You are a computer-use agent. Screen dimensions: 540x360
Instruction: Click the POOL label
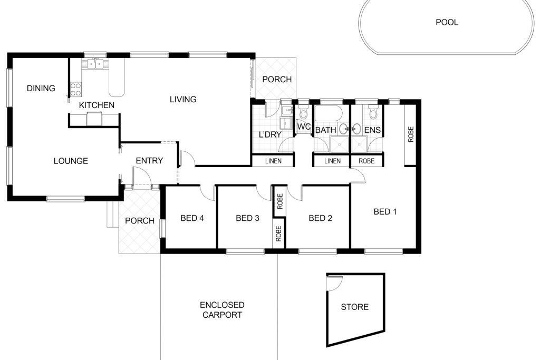coord(447,22)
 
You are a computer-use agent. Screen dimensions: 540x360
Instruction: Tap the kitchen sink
coord(95,64)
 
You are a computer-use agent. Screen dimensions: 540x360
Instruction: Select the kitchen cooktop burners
coord(76,89)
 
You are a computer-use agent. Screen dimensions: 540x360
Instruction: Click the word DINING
coord(41,89)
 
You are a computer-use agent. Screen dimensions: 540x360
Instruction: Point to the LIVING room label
coord(183,100)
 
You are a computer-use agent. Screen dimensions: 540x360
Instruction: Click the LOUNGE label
coord(71,161)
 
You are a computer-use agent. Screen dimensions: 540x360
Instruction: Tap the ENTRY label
coord(149,160)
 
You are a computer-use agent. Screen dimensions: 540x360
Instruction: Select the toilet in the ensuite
coord(373,112)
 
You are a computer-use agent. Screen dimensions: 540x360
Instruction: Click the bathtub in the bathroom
coord(329,113)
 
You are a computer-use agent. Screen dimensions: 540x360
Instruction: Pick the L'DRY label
coord(270,134)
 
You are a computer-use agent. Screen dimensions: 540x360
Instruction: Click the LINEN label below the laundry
coord(274,161)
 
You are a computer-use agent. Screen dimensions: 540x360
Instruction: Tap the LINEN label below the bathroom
coord(332,161)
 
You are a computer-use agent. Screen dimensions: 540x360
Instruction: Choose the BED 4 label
coord(192,218)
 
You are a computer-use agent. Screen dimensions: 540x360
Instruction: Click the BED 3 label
coord(247,218)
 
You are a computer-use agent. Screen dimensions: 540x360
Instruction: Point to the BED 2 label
coord(320,218)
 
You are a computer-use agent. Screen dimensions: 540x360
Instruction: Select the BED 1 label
coord(385,212)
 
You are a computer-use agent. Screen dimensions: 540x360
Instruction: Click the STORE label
coord(355,307)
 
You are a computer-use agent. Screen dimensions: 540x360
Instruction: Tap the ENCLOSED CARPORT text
coord(222,310)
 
